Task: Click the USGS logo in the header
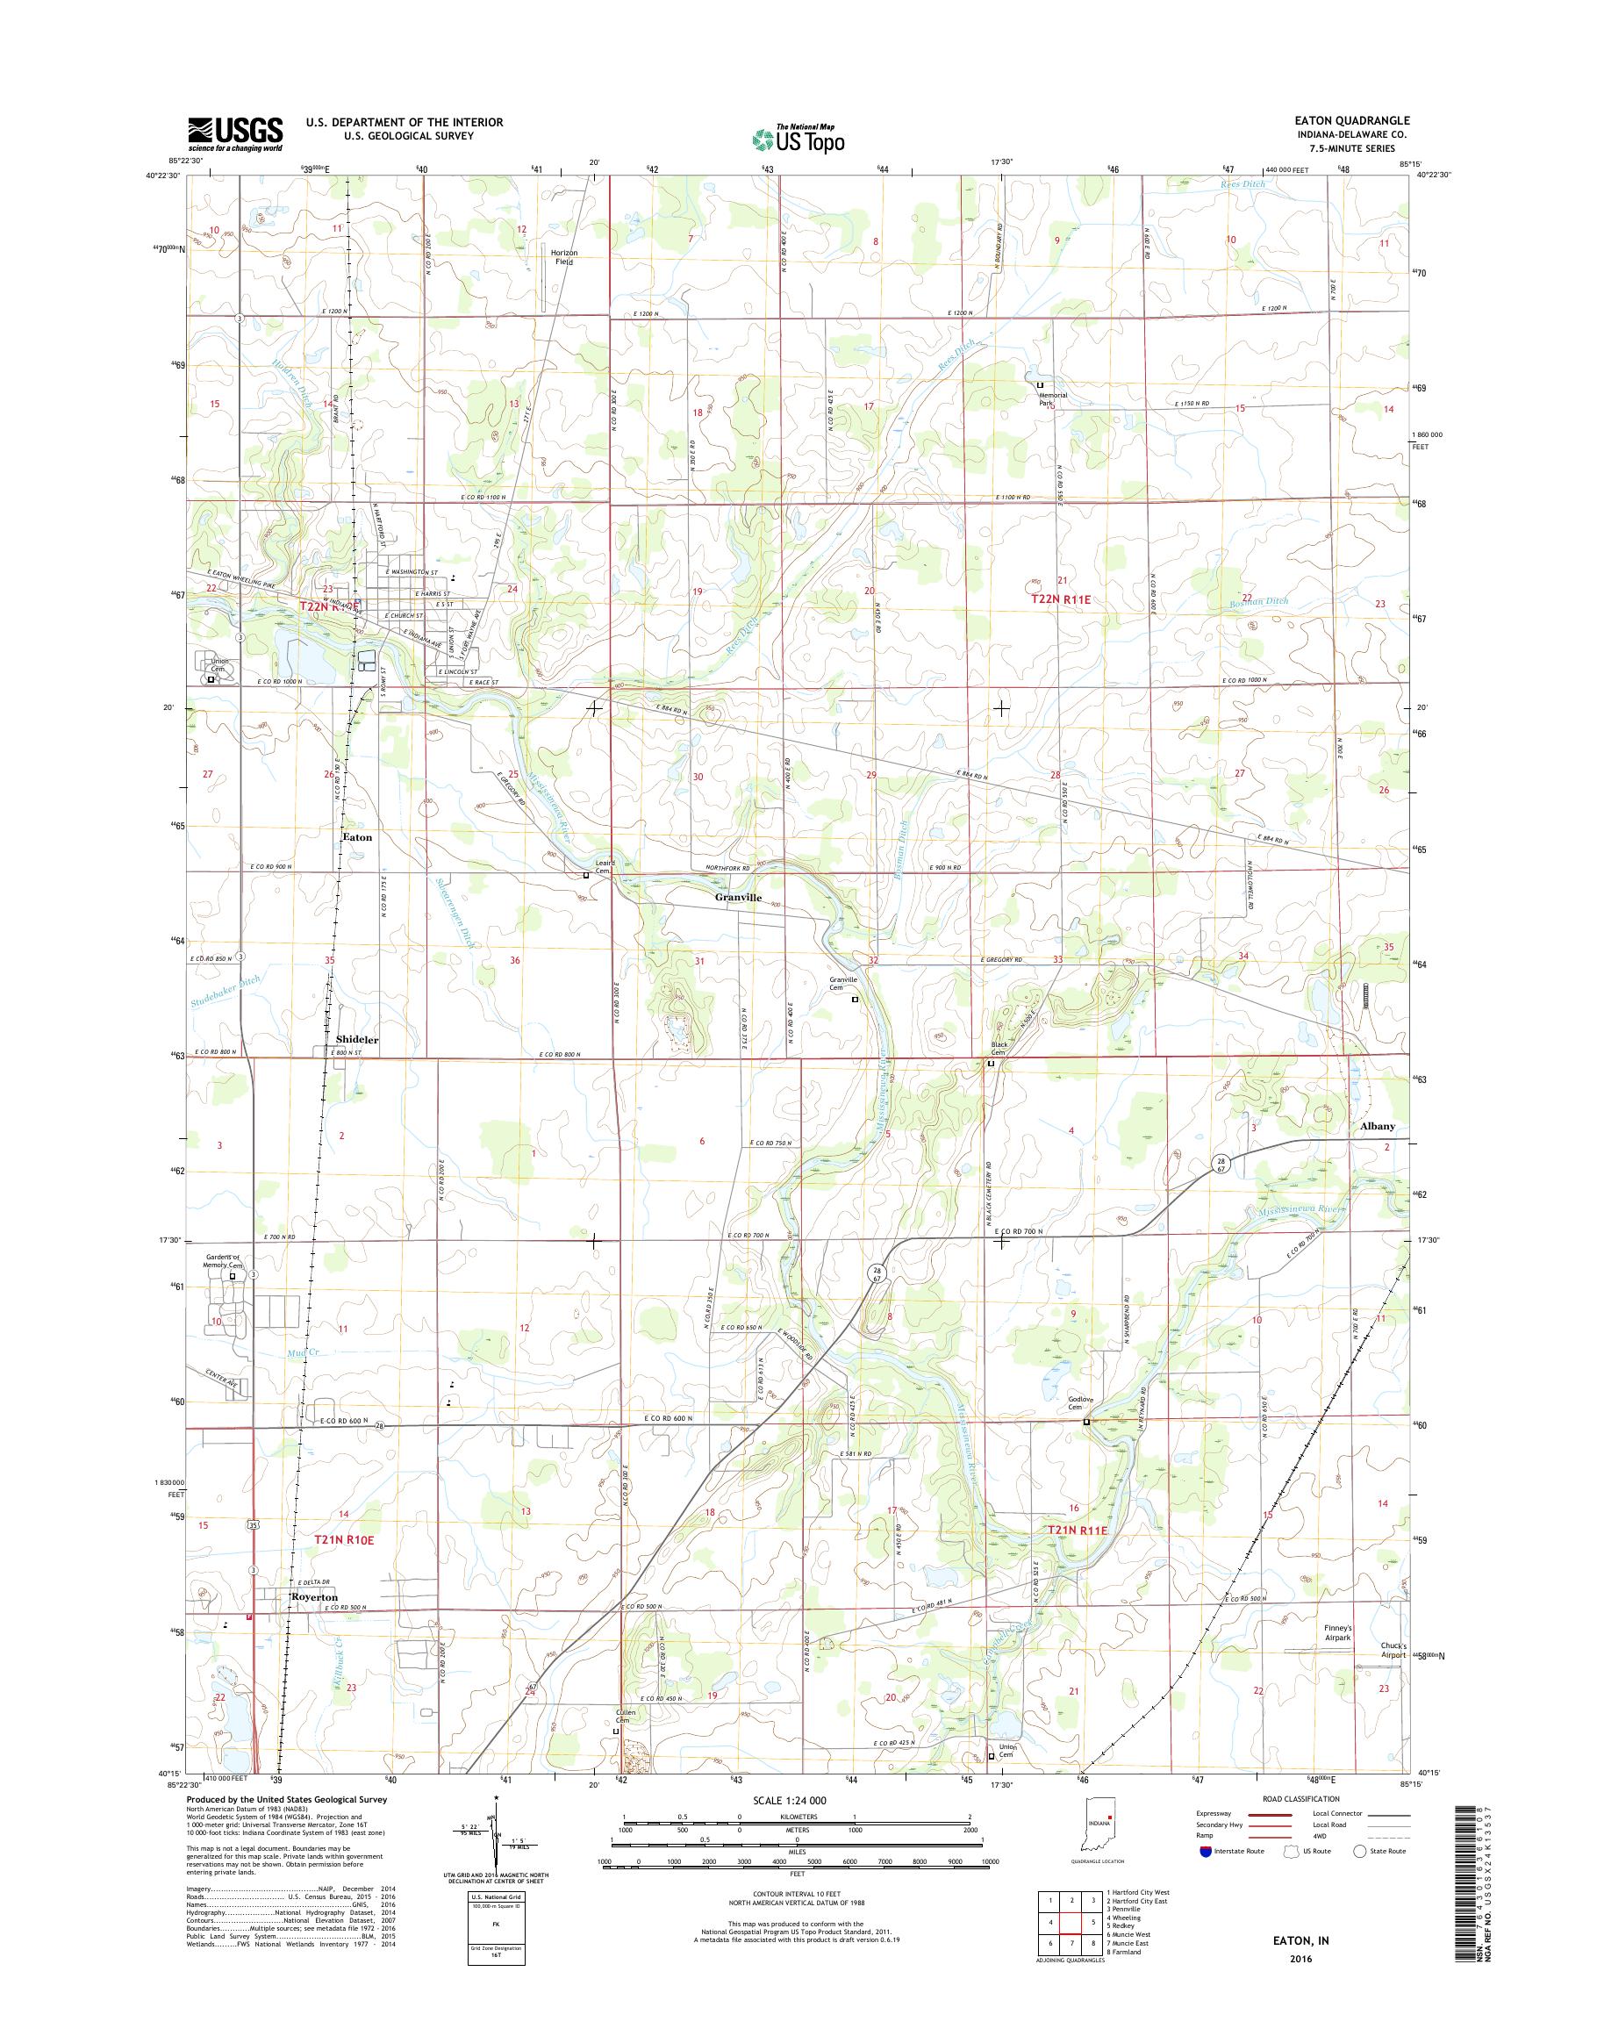coord(236,134)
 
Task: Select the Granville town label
coord(738,897)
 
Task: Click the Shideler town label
coord(357,1039)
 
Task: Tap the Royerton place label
coord(314,1597)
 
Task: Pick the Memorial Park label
coord(1052,398)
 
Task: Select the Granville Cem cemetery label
coord(843,983)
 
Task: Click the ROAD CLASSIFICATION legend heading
coord(1302,1824)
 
